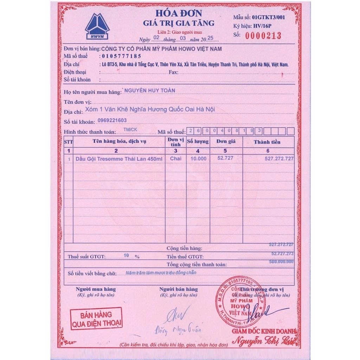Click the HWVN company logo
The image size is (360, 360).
97,26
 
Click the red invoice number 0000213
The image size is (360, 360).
263,35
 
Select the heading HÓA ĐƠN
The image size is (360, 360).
178,14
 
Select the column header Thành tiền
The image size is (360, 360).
267,142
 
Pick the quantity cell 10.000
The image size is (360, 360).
198,159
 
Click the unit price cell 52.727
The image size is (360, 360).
225,158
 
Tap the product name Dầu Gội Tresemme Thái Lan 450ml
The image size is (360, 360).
119,159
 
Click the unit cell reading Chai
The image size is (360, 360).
176,159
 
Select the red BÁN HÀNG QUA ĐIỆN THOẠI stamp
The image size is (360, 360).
96,319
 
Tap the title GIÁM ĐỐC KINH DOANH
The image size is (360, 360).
264,331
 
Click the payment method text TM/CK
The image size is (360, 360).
131,130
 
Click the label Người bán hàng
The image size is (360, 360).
178,289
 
